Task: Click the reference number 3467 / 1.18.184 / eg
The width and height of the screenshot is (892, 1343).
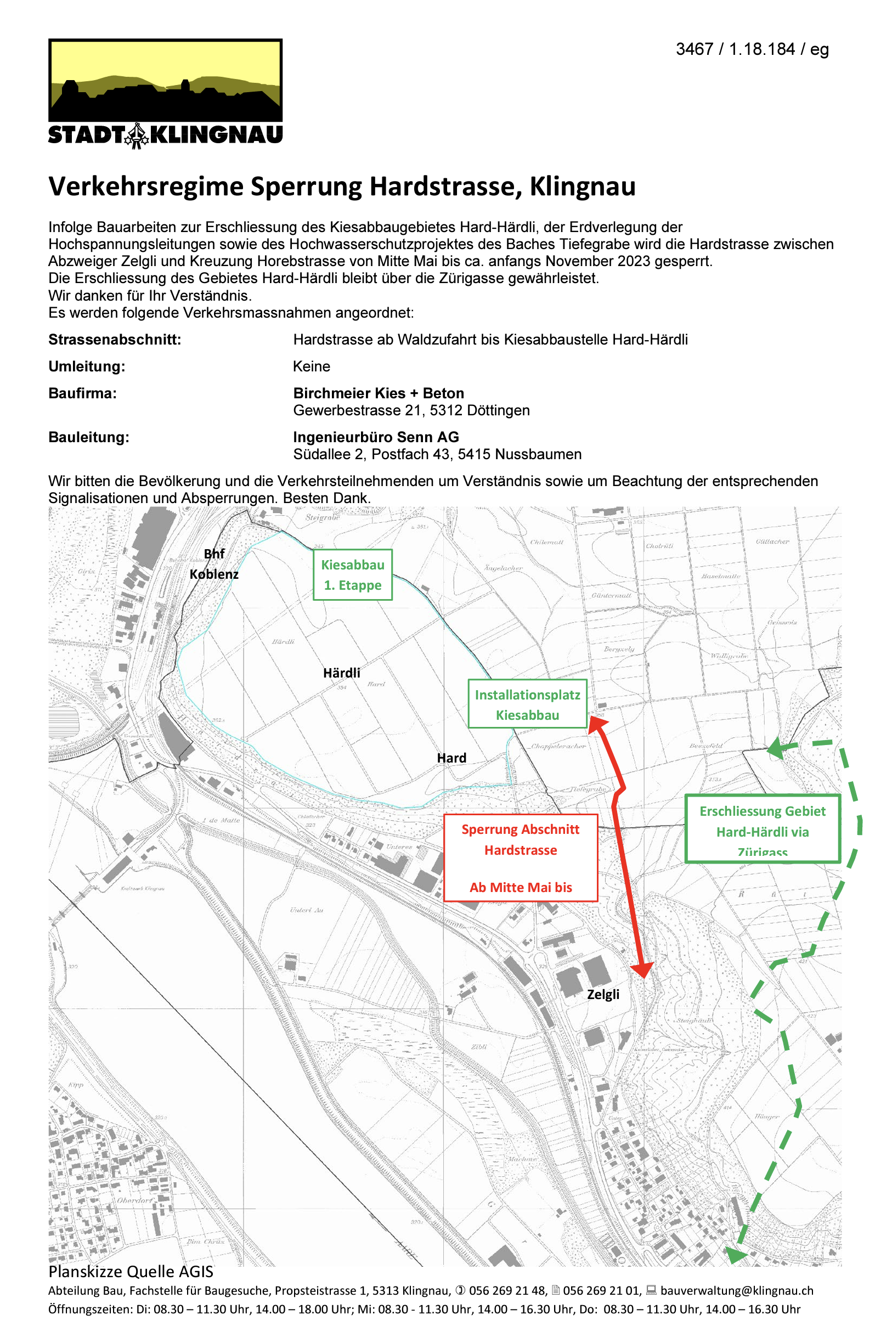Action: pos(752,49)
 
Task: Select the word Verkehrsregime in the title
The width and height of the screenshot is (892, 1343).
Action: pos(146,187)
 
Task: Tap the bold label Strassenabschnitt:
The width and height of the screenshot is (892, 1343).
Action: pos(114,340)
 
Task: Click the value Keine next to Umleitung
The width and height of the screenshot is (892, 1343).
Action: pos(311,366)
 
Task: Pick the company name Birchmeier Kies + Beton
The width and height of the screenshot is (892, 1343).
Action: pos(379,393)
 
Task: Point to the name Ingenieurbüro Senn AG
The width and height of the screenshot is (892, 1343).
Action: pos(375,437)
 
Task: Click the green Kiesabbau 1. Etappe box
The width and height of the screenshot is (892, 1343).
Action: pos(353,574)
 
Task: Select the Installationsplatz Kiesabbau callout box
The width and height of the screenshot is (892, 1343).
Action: pos(527,704)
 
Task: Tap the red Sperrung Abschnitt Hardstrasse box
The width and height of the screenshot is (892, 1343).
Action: pos(521,858)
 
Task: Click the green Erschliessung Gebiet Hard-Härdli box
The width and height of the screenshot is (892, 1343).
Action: pos(763,829)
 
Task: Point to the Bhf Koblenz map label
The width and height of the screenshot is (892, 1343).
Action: pos(214,564)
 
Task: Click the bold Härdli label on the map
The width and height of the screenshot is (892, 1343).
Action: pos(341,673)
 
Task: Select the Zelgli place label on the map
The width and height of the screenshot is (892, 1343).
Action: pos(603,994)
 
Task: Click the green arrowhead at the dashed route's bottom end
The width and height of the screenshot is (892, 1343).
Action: pos(735,1255)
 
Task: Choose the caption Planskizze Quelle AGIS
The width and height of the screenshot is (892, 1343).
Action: pos(131,1272)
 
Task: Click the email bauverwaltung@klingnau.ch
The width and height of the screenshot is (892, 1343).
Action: pos(737,1291)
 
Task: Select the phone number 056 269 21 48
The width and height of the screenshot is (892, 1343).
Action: pos(507,1291)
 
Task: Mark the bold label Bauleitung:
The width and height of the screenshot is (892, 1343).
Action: pos(89,437)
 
